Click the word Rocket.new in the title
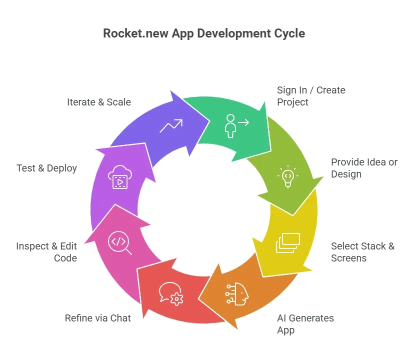pos(135,33)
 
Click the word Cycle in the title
pos(289,34)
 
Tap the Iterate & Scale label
pos(99,102)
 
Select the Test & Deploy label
pos(46,168)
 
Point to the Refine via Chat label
pos(98,318)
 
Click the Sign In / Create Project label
pos(311,96)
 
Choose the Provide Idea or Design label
pos(364,168)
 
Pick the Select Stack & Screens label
pos(362,252)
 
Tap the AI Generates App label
pos(305,324)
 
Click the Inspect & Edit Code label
pos(46,252)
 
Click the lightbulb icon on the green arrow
pos(288,176)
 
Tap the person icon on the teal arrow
pos(237,126)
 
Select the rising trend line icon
pos(171,125)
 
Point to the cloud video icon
pos(120,177)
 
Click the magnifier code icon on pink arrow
pos(119,242)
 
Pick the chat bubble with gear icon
pos(171,293)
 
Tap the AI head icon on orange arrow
pos(237,294)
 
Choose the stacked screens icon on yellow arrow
pos(288,242)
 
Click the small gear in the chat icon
pos(176,299)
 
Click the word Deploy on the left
pos(62,168)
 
